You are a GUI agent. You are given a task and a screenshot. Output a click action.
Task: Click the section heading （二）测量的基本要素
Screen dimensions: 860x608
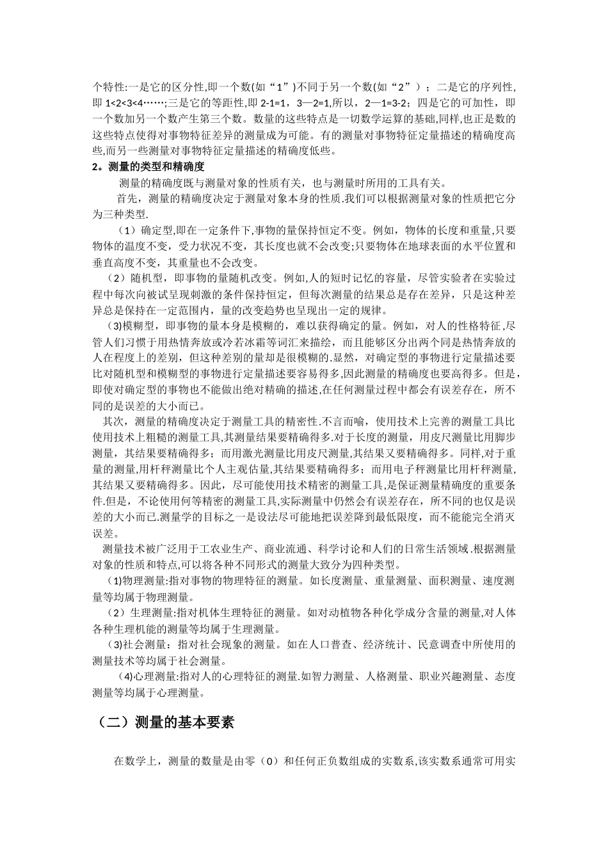(x=166, y=722)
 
